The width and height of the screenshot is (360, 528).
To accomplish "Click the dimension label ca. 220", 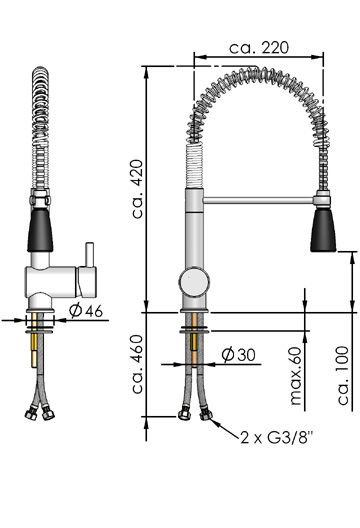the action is tap(259, 48).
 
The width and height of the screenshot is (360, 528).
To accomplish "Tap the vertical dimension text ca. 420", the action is tap(138, 189).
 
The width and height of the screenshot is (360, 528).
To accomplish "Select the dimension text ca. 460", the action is tap(138, 365).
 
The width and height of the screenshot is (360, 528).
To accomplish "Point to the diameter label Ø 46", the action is tap(86, 311).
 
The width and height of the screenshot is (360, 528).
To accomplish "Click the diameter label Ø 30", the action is tap(238, 355).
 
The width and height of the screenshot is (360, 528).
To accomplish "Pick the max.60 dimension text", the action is tap(295, 376).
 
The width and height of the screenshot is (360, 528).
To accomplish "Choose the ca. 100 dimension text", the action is tap(343, 375).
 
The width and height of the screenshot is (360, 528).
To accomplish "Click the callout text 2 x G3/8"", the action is tap(277, 437).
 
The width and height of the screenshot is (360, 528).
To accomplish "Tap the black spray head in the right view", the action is tap(323, 230).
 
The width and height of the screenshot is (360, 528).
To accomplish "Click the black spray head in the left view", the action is tap(40, 230).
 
